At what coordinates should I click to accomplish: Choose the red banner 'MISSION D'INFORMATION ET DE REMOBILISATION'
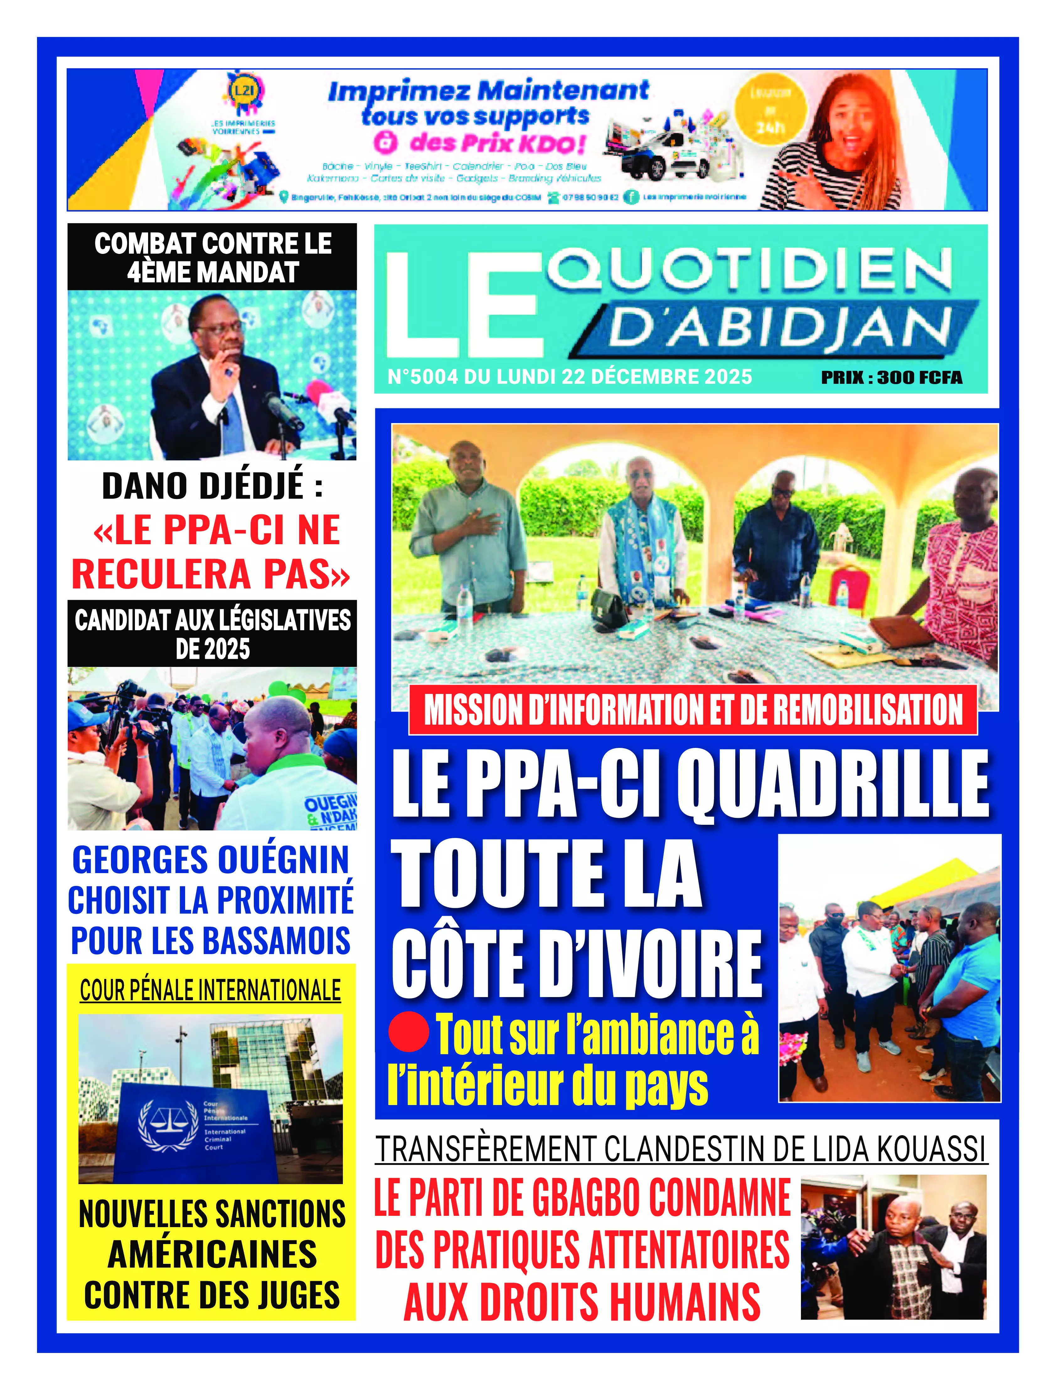[x=693, y=710]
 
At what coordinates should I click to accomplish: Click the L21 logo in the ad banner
[x=244, y=91]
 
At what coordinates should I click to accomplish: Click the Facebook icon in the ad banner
[x=631, y=197]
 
